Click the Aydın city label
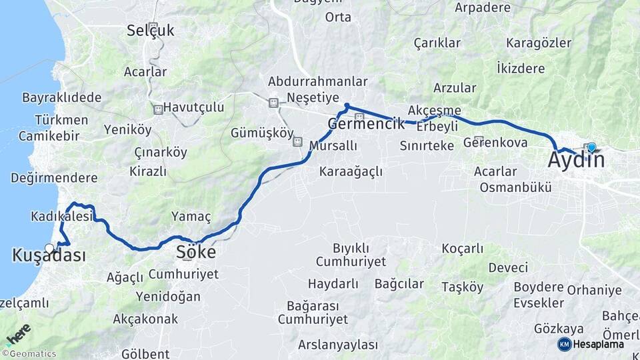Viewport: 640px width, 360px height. [x=576, y=161]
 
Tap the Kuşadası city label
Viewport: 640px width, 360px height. [x=49, y=255]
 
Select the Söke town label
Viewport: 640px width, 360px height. [x=196, y=253]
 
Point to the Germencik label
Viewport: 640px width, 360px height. [x=366, y=124]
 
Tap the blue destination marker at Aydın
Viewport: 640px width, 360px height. [x=591, y=147]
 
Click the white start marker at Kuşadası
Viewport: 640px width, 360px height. [x=49, y=248]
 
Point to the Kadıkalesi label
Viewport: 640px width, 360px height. [x=61, y=217]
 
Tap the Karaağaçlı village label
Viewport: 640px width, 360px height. [x=351, y=172]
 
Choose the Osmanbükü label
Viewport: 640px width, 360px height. [x=515, y=187]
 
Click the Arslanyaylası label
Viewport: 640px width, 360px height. [x=337, y=345]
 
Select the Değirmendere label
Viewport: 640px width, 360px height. [x=54, y=178]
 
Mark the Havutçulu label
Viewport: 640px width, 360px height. [x=194, y=107]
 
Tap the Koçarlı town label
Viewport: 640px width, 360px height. [x=463, y=249]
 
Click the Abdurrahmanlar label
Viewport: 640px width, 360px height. [x=318, y=81]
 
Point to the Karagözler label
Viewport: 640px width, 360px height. [x=539, y=43]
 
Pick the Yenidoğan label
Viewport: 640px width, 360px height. [x=168, y=296]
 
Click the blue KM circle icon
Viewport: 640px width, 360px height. [x=564, y=345]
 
